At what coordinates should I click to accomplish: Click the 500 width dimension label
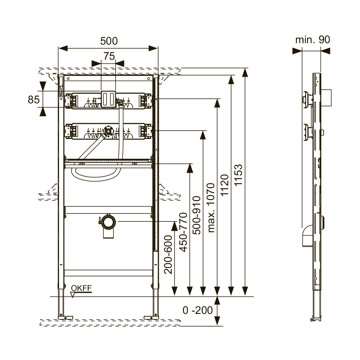(109, 41)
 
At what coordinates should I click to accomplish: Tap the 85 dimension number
(34, 100)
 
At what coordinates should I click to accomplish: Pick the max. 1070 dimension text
(211, 207)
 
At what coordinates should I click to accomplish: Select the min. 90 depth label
(312, 40)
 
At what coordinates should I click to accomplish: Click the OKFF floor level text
(81, 288)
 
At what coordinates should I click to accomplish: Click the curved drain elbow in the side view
(307, 236)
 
